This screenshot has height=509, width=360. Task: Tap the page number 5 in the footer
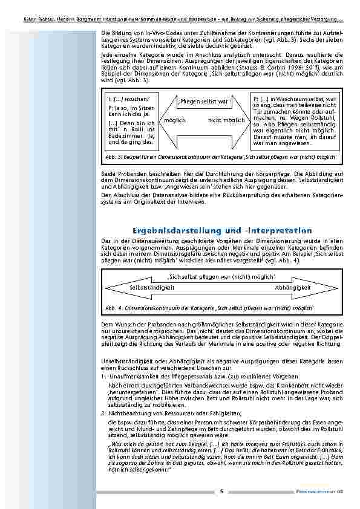coord(221,490)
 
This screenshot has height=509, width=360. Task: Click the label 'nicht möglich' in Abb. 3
coord(226,120)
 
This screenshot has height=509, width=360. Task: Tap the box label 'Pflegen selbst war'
coord(205,102)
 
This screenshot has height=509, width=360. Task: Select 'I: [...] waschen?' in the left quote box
coord(128,99)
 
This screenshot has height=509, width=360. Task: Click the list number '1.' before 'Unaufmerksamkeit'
coord(103,375)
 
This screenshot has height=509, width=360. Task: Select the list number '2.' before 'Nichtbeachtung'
coord(103,412)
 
